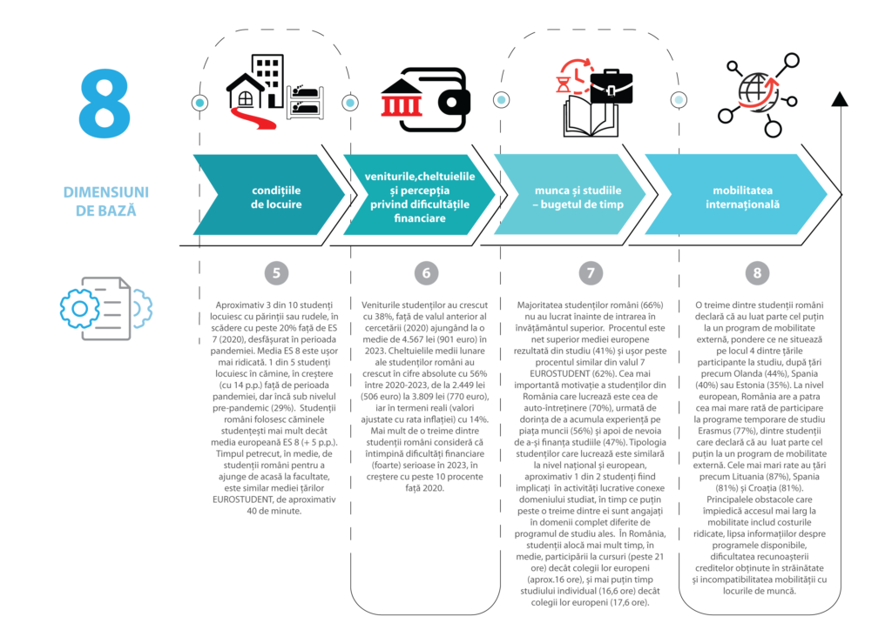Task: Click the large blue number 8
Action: point(105,104)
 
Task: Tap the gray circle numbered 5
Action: point(276,272)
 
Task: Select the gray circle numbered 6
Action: point(426,272)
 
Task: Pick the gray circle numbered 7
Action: point(590,272)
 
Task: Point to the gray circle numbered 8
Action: point(757,272)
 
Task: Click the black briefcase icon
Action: point(611,86)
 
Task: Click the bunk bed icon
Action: point(307,101)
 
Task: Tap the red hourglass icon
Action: point(566,84)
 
